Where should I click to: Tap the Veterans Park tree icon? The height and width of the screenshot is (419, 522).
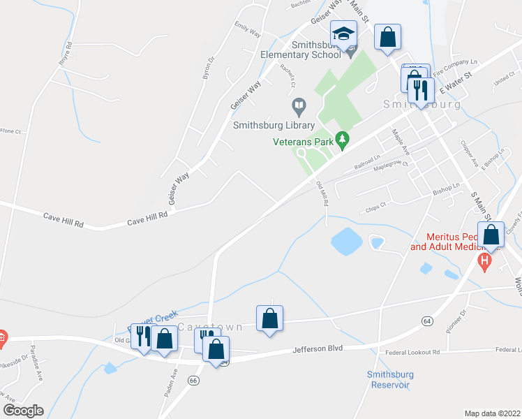342,141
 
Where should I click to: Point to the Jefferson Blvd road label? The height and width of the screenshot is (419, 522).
318,348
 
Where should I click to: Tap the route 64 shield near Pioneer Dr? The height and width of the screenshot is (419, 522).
426,321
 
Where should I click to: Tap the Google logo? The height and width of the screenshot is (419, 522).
23,411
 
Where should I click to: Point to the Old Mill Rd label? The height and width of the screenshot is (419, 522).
322,193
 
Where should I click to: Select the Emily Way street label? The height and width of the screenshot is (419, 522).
247,32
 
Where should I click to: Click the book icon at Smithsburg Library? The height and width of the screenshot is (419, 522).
299,106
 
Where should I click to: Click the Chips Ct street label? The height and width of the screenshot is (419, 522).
375,207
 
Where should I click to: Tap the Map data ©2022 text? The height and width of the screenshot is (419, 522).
492,413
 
